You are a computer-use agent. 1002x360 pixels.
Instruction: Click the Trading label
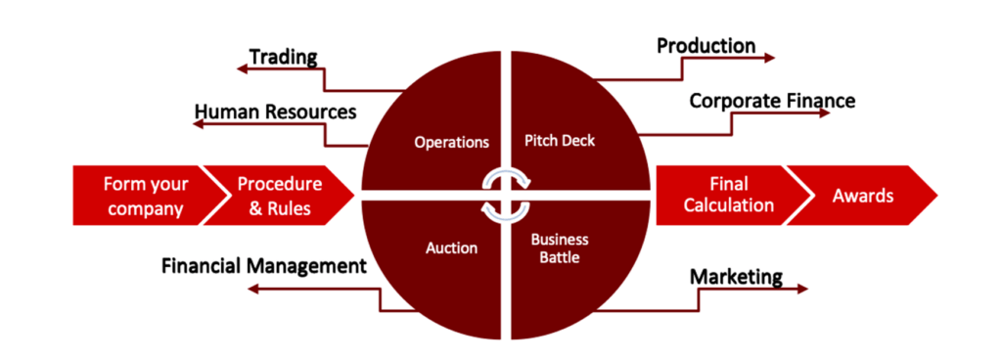point(283,58)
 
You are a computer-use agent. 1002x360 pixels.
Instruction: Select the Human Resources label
point(275,112)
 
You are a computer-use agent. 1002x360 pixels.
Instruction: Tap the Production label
point(706,46)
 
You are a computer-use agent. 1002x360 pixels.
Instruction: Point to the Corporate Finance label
point(773,101)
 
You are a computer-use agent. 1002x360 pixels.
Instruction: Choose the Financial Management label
point(264,265)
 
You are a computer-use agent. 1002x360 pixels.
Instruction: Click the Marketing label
point(736,277)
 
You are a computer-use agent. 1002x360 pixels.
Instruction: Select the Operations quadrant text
point(452,143)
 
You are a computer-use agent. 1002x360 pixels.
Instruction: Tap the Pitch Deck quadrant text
point(559,141)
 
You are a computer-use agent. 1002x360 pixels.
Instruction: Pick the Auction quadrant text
point(452,247)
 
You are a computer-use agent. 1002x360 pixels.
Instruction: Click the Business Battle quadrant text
point(560,249)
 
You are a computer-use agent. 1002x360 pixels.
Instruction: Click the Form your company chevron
point(146,196)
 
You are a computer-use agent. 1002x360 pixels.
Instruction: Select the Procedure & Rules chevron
point(279,196)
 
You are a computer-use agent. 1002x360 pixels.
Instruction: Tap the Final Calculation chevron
point(728,196)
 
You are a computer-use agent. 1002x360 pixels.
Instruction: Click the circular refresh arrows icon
point(505,196)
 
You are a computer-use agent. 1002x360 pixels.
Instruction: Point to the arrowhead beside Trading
point(242,68)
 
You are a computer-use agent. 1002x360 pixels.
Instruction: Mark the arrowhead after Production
point(769,58)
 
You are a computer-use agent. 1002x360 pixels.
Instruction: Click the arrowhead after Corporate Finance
point(824,112)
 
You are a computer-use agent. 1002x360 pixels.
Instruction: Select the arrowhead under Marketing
point(802,290)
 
